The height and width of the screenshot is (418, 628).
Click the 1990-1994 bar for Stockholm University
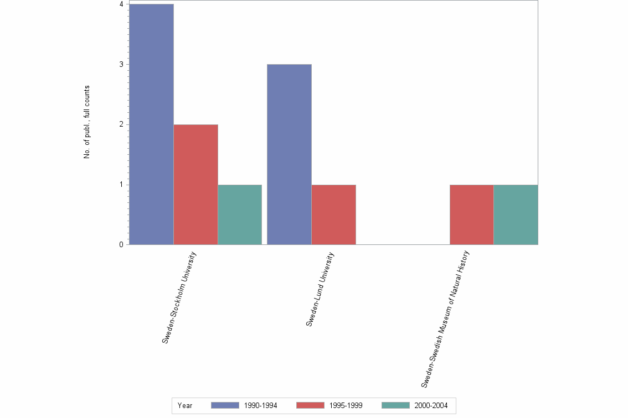coord(151,124)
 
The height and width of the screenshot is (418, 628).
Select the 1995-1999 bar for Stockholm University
coord(195,184)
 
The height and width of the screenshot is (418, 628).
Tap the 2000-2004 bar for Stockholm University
coord(239,215)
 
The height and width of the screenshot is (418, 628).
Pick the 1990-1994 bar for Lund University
coord(289,154)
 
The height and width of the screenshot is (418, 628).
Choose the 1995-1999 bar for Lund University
coord(333,215)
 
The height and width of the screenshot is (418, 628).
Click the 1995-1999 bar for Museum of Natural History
coord(471,215)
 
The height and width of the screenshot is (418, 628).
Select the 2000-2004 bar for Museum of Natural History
coord(516,215)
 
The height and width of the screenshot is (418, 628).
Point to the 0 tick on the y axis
coord(121,244)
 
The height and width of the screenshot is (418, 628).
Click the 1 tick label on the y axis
coord(121,185)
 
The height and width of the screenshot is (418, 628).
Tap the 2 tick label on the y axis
coord(121,124)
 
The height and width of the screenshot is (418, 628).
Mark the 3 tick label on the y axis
coord(121,64)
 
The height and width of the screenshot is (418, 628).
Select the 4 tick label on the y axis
coord(121,4)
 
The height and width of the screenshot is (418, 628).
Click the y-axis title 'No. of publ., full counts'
coord(87,122)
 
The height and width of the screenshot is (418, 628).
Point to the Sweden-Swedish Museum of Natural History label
coord(445,318)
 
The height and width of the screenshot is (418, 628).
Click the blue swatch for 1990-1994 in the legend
coord(225,405)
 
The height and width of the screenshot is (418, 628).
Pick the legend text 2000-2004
coord(431,406)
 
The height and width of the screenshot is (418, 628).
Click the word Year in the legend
coord(185,406)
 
